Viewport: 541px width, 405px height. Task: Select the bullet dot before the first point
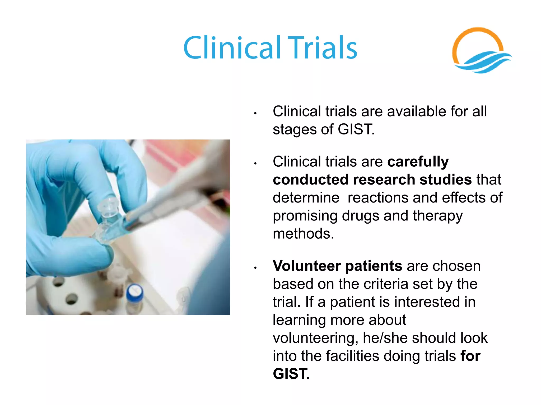click(255, 113)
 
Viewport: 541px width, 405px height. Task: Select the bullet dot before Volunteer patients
click(255, 268)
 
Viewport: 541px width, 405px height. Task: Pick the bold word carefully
click(418, 161)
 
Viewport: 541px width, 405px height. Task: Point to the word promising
click(305, 216)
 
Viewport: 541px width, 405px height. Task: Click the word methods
click(303, 234)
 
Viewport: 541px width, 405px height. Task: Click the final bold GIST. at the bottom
click(291, 374)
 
